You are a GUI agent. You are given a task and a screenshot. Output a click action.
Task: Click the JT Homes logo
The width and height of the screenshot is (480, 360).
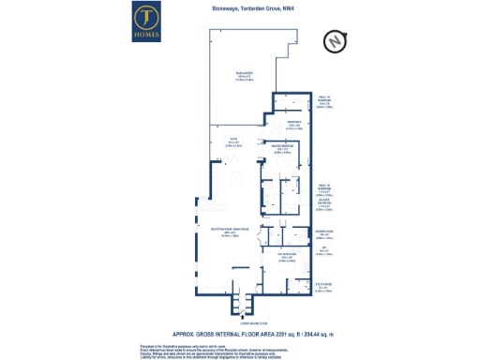pos(145,22)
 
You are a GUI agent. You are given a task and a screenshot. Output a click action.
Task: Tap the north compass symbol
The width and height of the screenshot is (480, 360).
pos(335,43)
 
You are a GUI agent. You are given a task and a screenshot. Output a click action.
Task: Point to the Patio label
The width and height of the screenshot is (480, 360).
pos(222,143)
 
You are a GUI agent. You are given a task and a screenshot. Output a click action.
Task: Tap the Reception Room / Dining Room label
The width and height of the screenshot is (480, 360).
pos(231,235)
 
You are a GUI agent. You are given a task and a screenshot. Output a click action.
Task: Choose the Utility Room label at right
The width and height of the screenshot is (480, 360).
pos(322,289)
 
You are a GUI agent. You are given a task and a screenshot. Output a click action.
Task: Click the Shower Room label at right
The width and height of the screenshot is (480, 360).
pos(322,235)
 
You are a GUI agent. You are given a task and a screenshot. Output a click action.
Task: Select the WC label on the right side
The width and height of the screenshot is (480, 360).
pos(322,250)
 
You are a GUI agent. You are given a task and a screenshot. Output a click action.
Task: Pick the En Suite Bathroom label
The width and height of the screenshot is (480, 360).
pos(322,204)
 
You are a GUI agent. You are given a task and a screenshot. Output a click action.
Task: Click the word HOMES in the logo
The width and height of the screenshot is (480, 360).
pos(145,37)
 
